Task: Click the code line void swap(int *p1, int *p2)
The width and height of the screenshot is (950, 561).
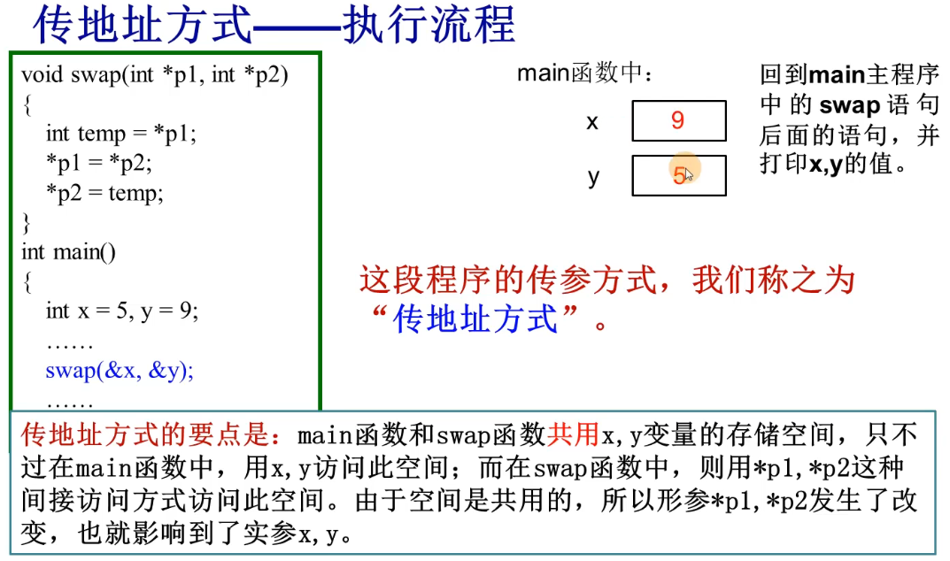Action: point(155,74)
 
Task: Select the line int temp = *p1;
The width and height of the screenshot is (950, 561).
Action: point(120,134)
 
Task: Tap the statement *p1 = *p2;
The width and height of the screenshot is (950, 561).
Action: point(99,163)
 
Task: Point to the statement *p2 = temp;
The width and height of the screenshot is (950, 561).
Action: point(104,192)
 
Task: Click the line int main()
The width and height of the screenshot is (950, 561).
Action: point(68,251)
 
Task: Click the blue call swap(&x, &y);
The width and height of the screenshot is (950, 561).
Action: point(120,370)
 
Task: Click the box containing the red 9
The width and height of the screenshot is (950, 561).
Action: point(678,120)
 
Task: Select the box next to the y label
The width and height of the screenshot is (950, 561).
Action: point(678,175)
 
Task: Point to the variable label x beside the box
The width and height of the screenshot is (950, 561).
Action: point(592,121)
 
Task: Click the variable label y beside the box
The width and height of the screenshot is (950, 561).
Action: point(593,176)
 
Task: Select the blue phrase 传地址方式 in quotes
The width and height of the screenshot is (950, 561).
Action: point(476,319)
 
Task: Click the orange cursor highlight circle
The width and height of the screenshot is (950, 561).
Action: point(684,171)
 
